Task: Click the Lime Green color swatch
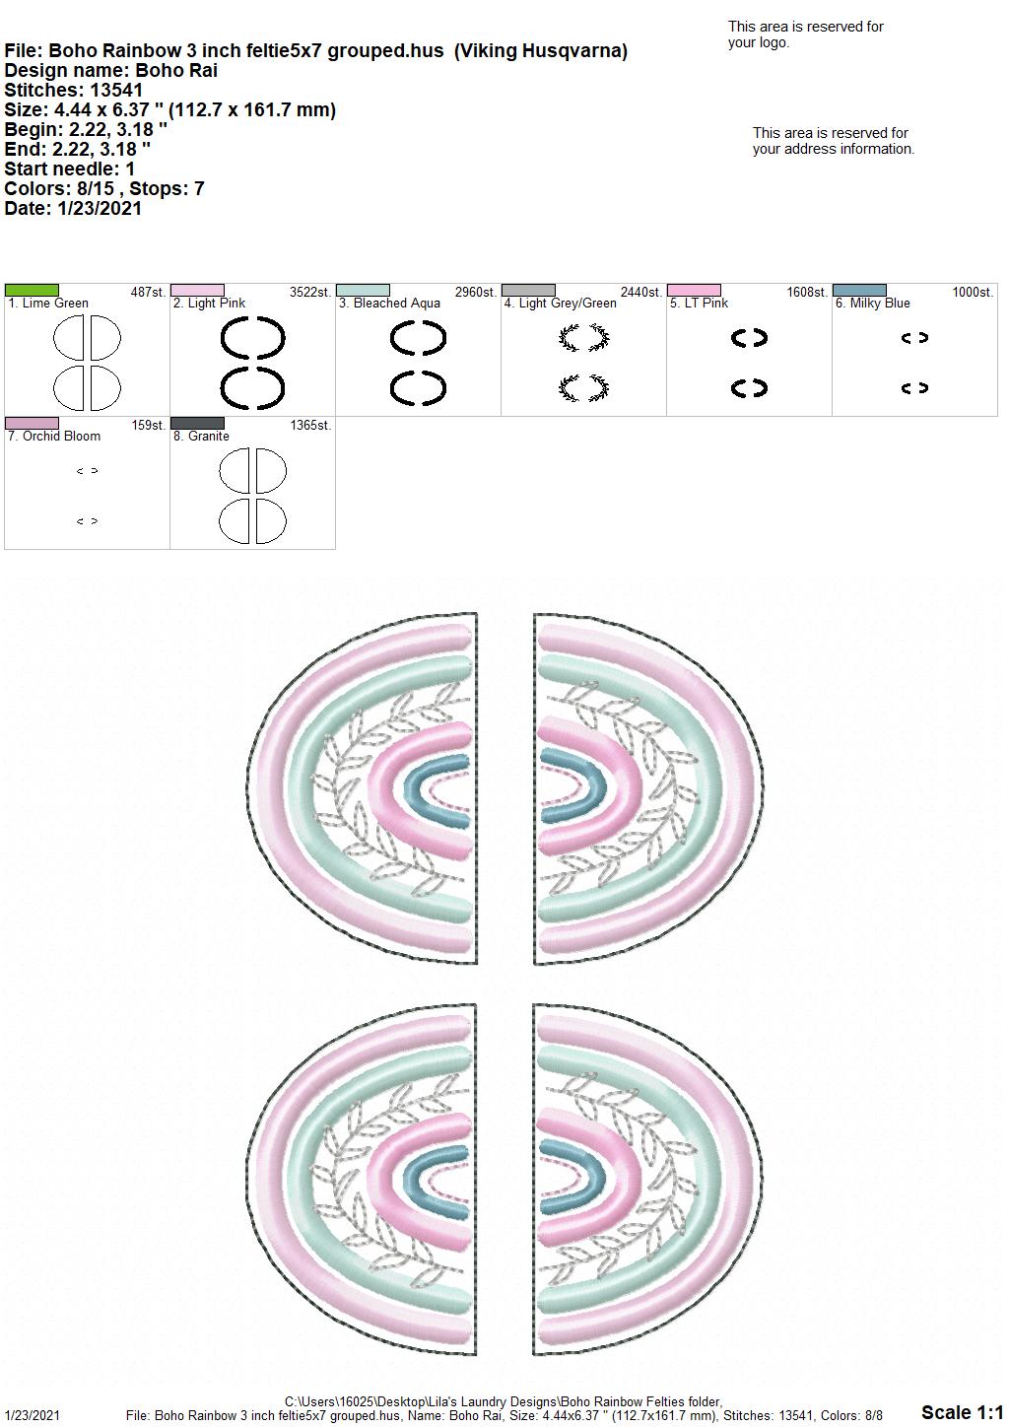[x=32, y=290]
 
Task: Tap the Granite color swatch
[x=197, y=423]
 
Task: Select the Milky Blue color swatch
[x=859, y=290]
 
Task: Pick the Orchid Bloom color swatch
[x=32, y=423]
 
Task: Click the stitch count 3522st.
[x=310, y=292]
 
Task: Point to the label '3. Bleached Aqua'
[x=389, y=304]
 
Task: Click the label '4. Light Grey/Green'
[x=560, y=304]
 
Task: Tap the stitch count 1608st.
[x=807, y=292]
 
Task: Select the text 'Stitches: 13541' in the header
[x=73, y=90]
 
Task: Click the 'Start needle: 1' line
[x=69, y=169]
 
